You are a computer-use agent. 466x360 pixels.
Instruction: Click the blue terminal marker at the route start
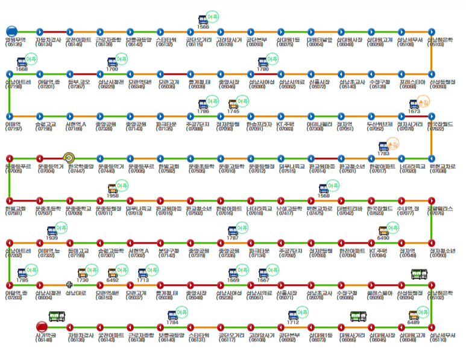tap(11, 31)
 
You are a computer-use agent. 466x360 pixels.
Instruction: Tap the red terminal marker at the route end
tap(42, 327)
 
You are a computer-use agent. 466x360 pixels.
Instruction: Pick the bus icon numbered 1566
tap(204, 19)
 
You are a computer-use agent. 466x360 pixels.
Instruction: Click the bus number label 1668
tap(22, 69)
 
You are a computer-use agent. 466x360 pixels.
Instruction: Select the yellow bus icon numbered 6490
tap(383, 230)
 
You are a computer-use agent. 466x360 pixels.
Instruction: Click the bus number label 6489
tap(414, 323)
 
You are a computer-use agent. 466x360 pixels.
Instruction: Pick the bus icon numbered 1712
tap(294, 314)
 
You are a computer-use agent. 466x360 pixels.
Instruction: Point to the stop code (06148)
tap(45, 340)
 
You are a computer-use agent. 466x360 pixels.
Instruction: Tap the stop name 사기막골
tap(45, 335)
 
